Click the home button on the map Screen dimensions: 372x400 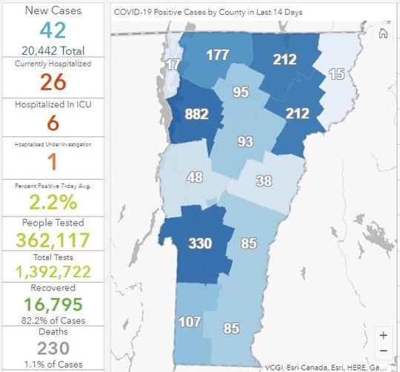point(383,33)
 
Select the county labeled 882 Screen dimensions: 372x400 point(196,115)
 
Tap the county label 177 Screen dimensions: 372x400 point(218,55)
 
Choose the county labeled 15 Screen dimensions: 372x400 point(336,74)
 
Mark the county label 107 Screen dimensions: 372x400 point(190,322)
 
